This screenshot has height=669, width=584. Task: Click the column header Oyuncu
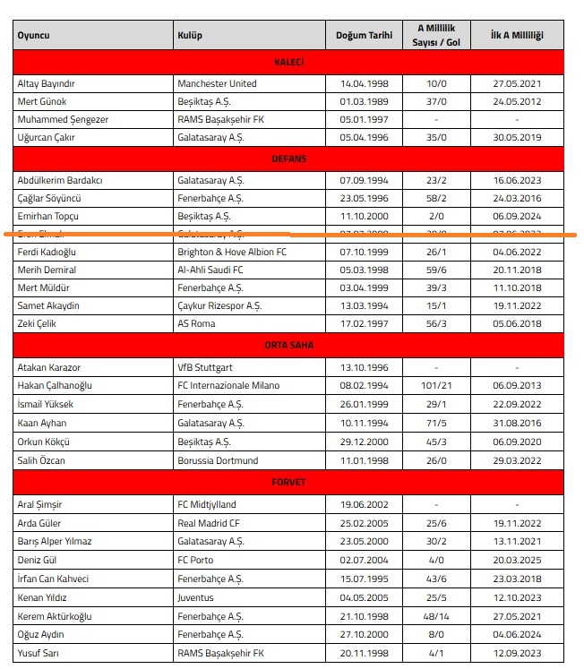33,36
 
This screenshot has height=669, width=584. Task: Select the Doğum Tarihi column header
364,36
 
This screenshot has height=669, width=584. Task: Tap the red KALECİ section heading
289,62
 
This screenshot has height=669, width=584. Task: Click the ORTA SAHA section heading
289,345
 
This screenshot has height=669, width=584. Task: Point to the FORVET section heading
289,483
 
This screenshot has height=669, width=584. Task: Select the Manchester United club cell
217,83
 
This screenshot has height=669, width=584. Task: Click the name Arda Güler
41,523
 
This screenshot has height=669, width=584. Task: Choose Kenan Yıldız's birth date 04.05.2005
364,597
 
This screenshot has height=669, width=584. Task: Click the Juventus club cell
196,597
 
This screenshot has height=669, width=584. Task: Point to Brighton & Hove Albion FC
232,252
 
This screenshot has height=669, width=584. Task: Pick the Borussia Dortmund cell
218,460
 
